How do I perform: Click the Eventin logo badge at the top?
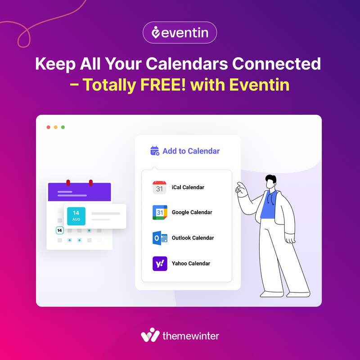pos(180,33)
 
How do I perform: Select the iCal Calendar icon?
pos(159,187)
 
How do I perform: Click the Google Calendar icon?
pos(159,212)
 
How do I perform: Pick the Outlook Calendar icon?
pos(159,238)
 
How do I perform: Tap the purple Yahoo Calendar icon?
pos(159,263)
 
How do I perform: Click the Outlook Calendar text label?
pos(193,238)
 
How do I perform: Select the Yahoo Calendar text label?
pos(191,263)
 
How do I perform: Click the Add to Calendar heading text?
pos(191,151)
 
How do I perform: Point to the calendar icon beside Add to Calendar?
pos(155,151)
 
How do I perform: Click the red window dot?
pos(49,127)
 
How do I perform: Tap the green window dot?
pos(63,127)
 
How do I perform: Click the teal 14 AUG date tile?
pos(76,216)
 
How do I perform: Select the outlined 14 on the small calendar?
pos(60,230)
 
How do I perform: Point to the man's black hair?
pos(271,178)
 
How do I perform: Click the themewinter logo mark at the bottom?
pos(150,336)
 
